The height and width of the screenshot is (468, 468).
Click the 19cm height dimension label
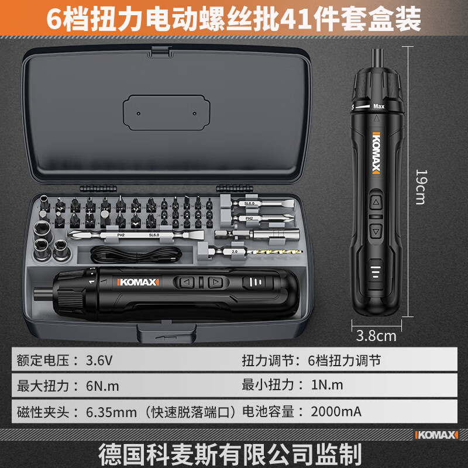click(420, 187)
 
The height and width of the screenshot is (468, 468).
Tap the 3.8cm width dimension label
click(376, 335)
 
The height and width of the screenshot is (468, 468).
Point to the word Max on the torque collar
click(379, 107)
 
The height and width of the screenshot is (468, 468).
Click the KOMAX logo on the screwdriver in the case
click(138, 282)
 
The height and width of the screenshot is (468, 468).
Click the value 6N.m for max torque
click(103, 386)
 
